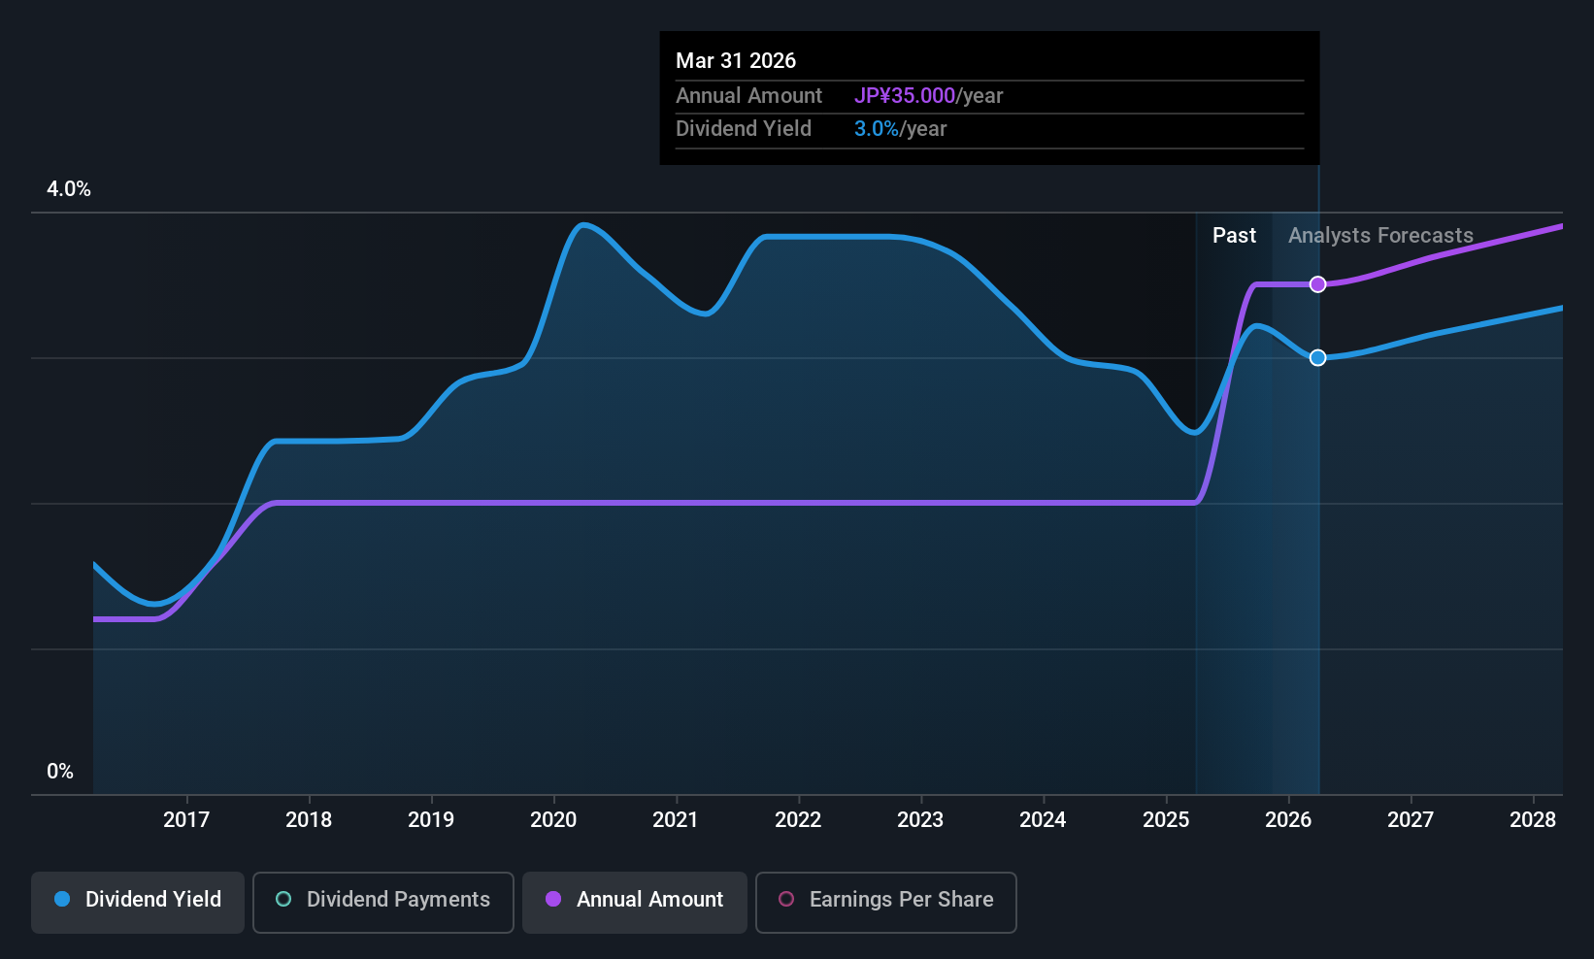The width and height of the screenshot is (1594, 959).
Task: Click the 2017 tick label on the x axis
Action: pyautogui.click(x=185, y=819)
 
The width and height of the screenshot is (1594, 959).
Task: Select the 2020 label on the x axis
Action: pyautogui.click(x=553, y=819)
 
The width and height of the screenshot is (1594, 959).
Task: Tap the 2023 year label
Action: pyautogui.click(x=920, y=819)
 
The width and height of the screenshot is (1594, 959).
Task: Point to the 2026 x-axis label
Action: pyautogui.click(x=1288, y=819)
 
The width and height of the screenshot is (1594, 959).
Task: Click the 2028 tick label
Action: pyautogui.click(x=1533, y=819)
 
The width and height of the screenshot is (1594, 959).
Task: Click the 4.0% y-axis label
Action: pyautogui.click(x=69, y=189)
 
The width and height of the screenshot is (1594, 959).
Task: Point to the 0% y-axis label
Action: pyautogui.click(x=60, y=772)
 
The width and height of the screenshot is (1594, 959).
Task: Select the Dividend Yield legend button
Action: pyautogui.click(x=138, y=900)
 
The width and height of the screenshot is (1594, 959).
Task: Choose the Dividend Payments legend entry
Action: pyautogui.click(x=383, y=900)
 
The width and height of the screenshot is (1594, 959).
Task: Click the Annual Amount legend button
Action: pyautogui.click(x=635, y=900)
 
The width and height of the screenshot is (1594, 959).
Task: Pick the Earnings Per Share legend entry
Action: pyautogui.click(x=885, y=900)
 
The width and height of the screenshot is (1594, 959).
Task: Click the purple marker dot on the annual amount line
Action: pyautogui.click(x=1317, y=284)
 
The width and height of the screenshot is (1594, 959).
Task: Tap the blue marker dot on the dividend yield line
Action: pyautogui.click(x=1317, y=358)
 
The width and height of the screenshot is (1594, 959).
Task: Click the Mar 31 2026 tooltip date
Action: pyautogui.click(x=736, y=61)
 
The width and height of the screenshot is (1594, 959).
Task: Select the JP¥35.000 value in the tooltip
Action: pyautogui.click(x=905, y=96)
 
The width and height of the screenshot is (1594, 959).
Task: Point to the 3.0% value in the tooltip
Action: pyautogui.click(x=877, y=129)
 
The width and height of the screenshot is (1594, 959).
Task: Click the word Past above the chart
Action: pyautogui.click(x=1234, y=236)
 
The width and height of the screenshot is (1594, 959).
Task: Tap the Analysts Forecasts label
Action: pyautogui.click(x=1380, y=236)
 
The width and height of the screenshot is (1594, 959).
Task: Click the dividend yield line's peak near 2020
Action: pyautogui.click(x=582, y=225)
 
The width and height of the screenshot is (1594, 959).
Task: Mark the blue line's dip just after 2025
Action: pyautogui.click(x=1196, y=433)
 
